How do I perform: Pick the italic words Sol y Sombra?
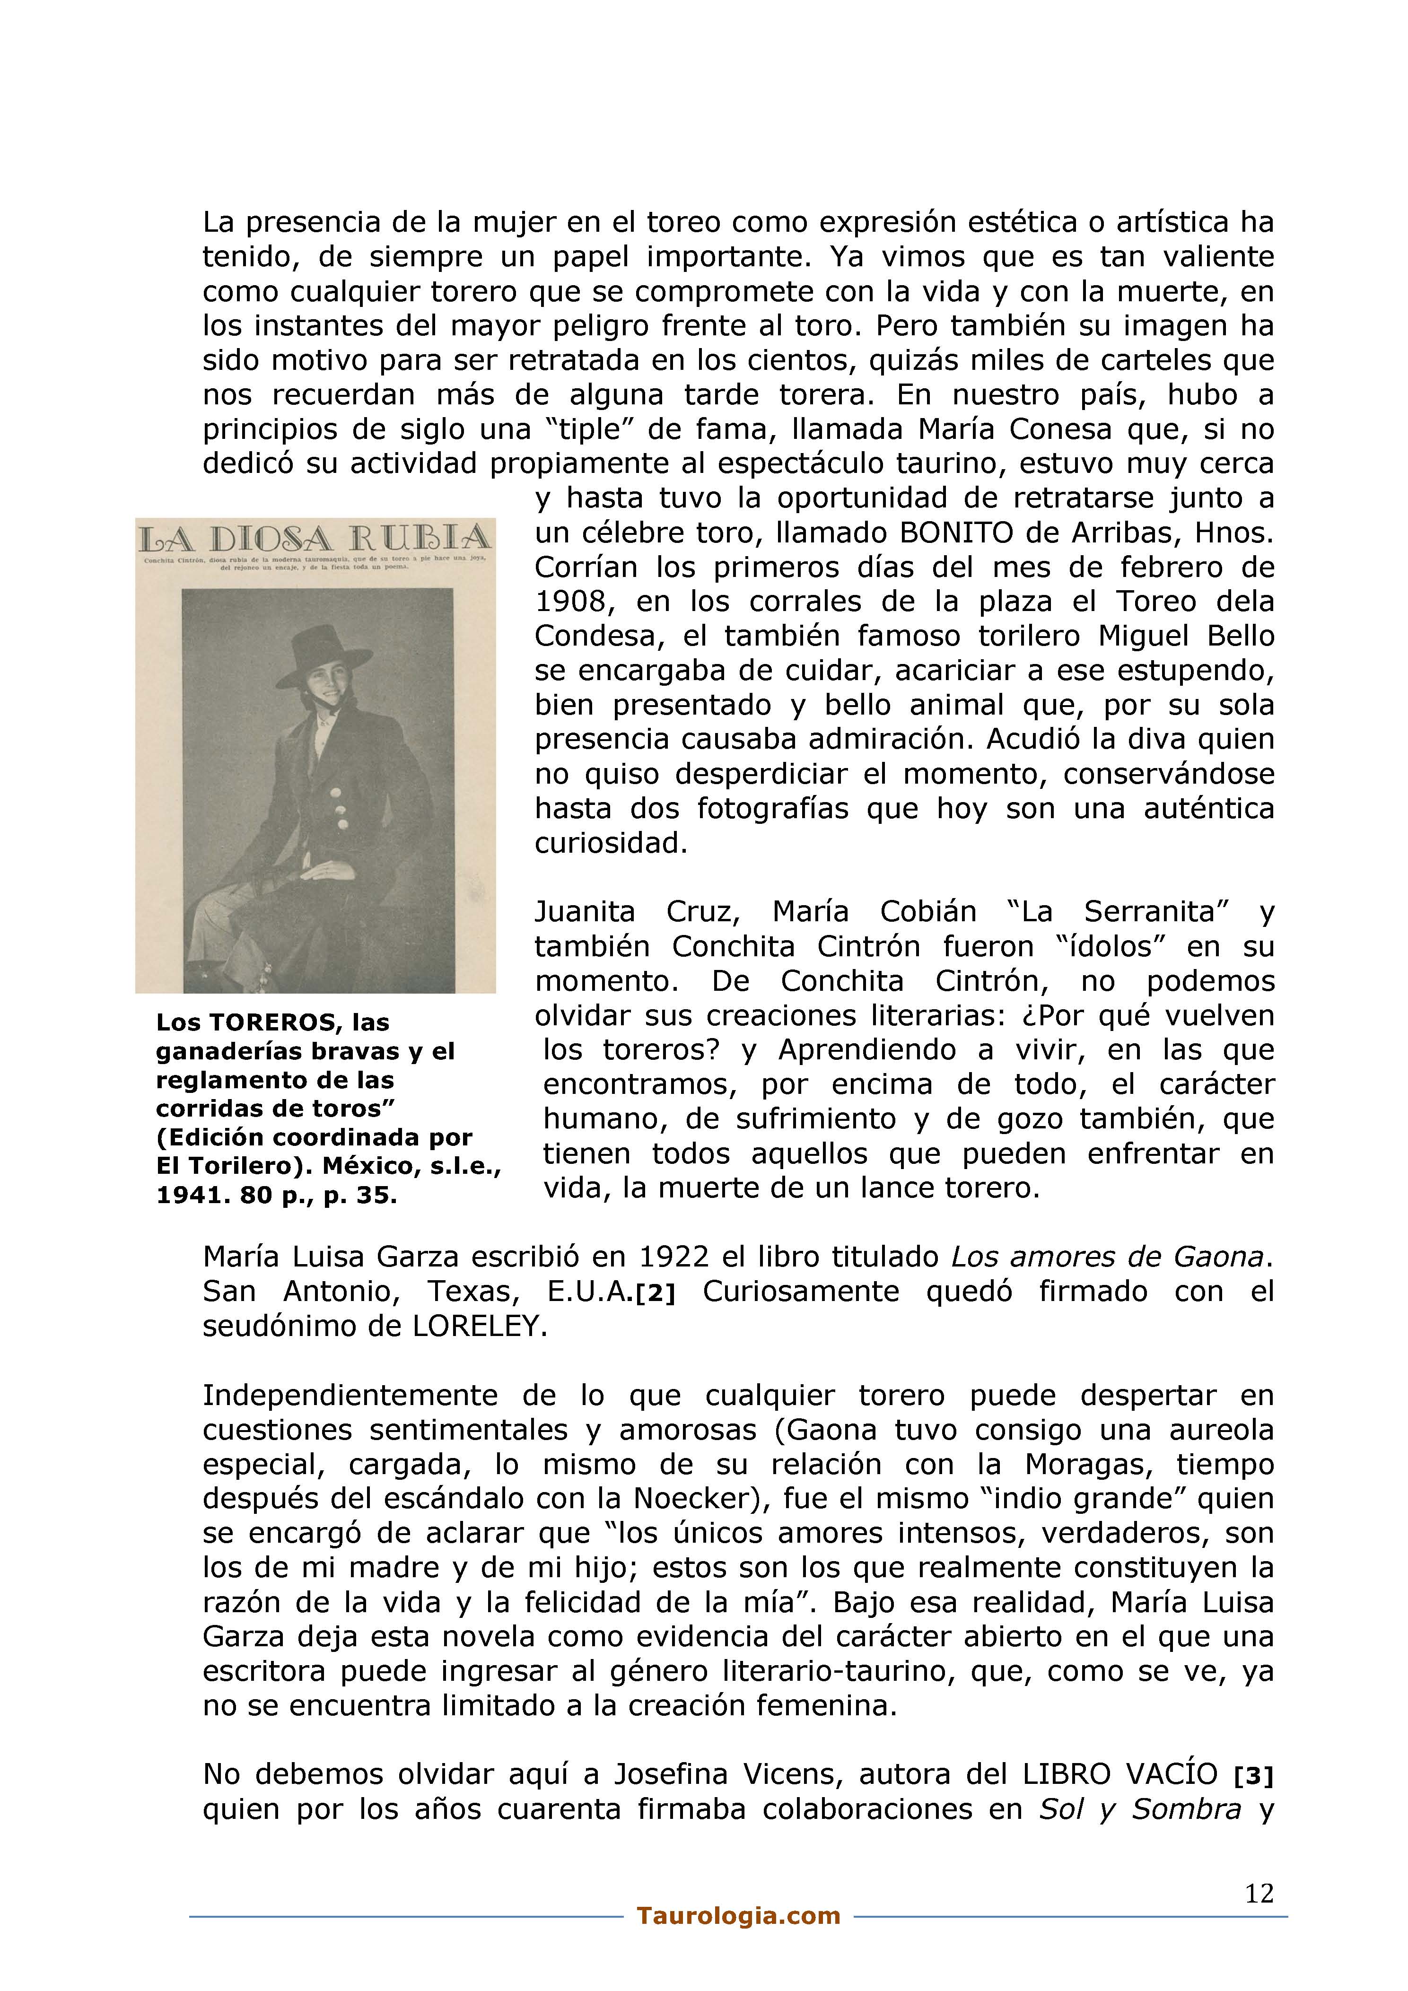coord(1140,1810)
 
